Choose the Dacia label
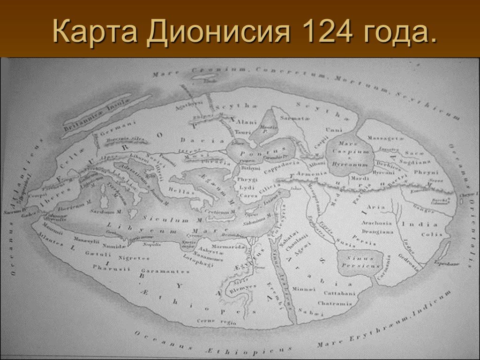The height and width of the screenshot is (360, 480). (202, 139)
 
